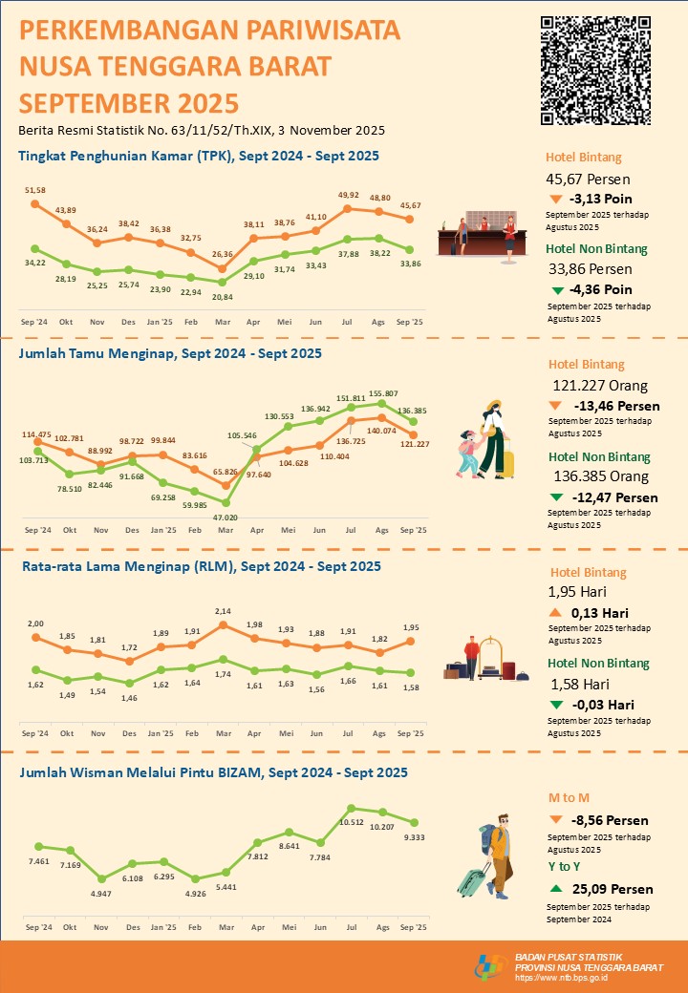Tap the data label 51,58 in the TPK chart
(x=34, y=191)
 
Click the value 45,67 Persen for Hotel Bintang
(x=588, y=179)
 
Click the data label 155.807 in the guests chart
(x=381, y=394)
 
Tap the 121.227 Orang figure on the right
(x=600, y=386)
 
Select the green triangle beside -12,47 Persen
(x=556, y=497)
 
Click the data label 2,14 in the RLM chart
(x=223, y=611)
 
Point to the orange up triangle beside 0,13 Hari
(x=556, y=613)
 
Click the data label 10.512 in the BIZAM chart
(x=353, y=826)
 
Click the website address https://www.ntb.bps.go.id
(x=561, y=977)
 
